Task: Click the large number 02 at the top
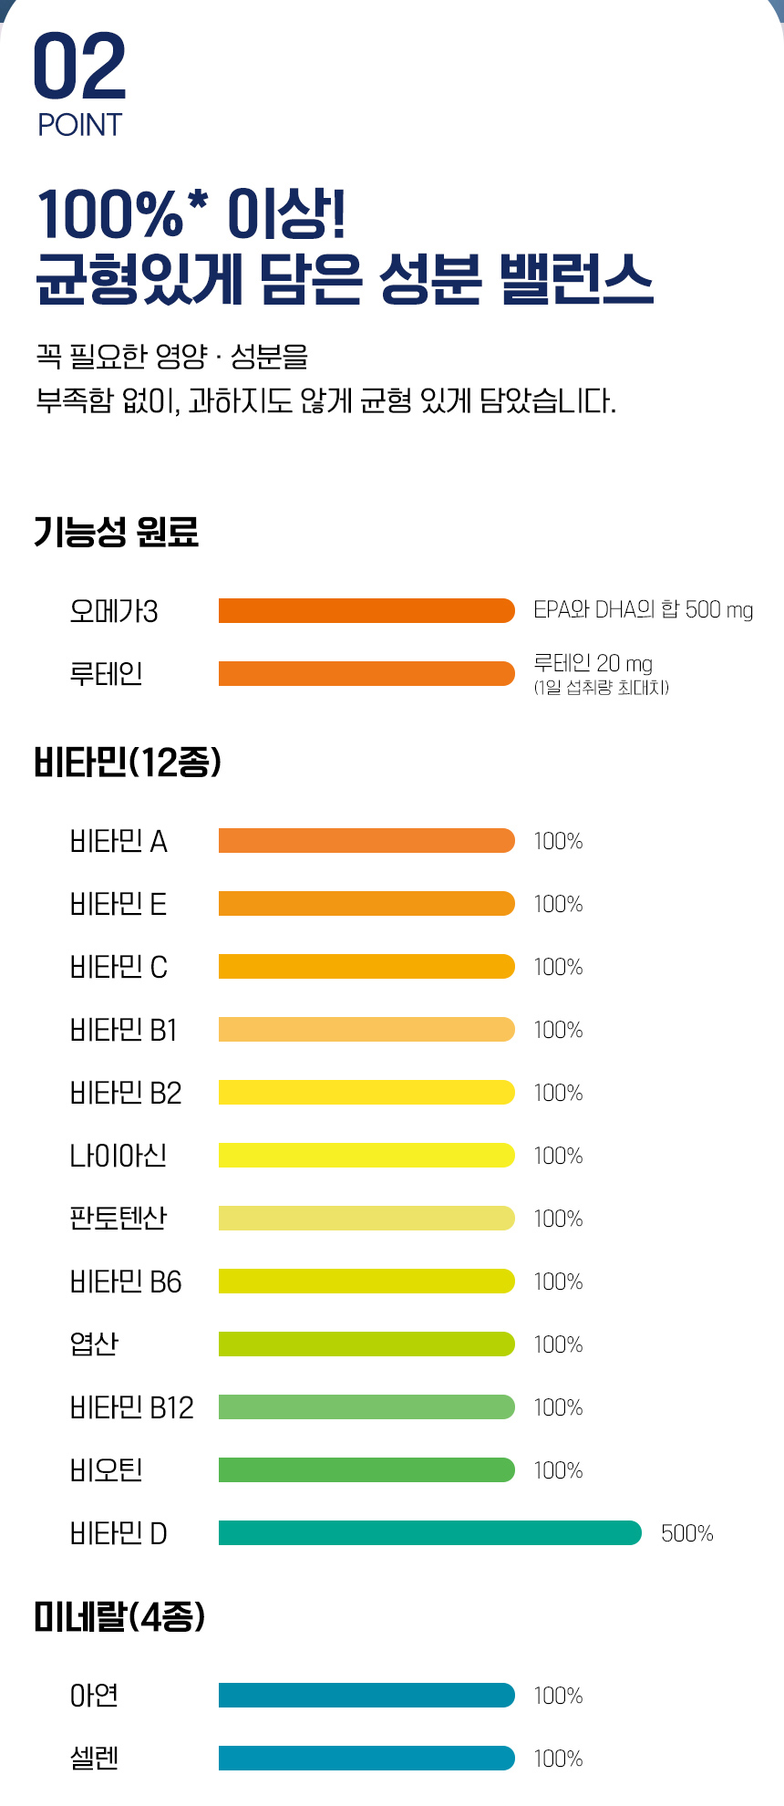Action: click(x=79, y=67)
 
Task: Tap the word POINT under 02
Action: click(x=79, y=125)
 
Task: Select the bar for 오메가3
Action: click(x=366, y=610)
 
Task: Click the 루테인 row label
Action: click(x=106, y=674)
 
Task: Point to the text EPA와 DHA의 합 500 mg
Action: click(x=643, y=609)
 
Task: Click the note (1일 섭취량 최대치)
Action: click(x=602, y=688)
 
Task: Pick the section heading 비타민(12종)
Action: click(x=128, y=762)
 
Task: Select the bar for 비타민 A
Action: click(x=366, y=841)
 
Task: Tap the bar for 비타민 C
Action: click(x=366, y=967)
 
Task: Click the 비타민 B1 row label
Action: click(x=123, y=1030)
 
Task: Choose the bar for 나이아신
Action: click(x=366, y=1156)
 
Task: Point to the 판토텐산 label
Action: click(x=119, y=1218)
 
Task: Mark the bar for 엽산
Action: click(x=366, y=1344)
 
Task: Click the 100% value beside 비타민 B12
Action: click(x=558, y=1407)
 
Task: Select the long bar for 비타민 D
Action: click(x=429, y=1533)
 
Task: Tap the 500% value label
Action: click(x=686, y=1533)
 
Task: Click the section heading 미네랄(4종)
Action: click(x=119, y=1617)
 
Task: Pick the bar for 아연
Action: click(x=366, y=1696)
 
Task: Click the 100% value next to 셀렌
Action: click(x=558, y=1759)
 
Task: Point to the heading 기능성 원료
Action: click(x=116, y=531)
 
